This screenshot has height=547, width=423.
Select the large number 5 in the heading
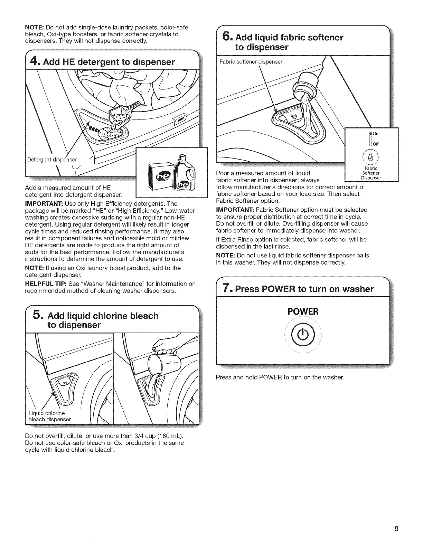pos(38,315)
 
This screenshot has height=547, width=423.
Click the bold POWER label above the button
pos(303,311)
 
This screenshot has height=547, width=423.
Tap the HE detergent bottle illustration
pos(185,175)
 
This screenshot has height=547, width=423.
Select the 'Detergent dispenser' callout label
pos(52,159)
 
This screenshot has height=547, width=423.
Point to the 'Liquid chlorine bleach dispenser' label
pos(49,416)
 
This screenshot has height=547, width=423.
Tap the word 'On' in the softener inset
pos(376,134)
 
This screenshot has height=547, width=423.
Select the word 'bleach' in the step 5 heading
pos(142,316)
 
